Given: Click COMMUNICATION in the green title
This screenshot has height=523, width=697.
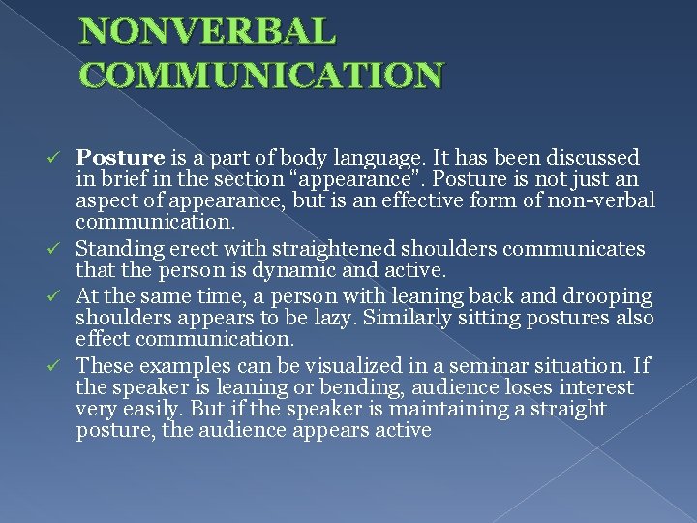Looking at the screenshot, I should [261, 75].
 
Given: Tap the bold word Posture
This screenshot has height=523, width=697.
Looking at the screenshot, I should [120, 157].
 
